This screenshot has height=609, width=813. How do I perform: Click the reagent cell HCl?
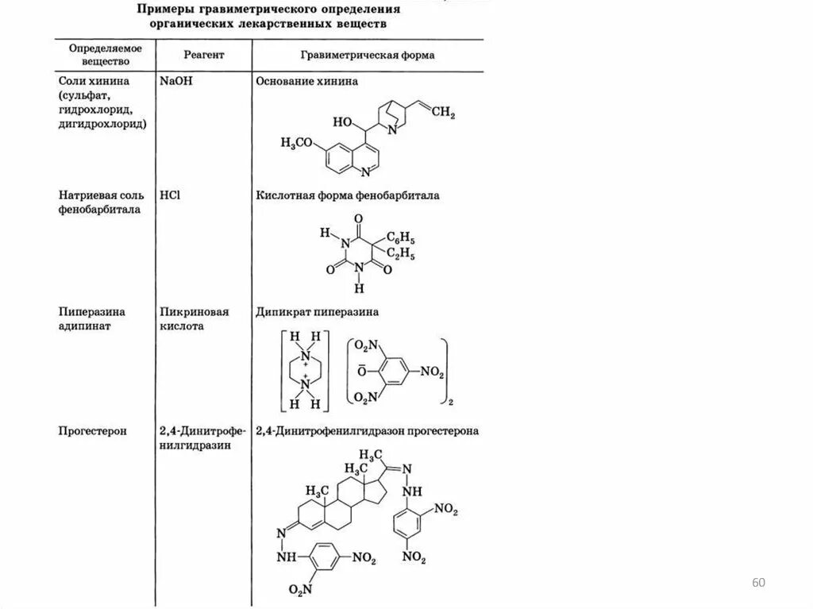pyautogui.click(x=170, y=195)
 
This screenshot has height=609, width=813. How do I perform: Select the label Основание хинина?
pyautogui.click(x=306, y=81)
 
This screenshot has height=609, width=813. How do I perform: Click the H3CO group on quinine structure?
pyautogui.click(x=297, y=142)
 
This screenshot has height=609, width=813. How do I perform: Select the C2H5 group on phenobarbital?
pyautogui.click(x=401, y=254)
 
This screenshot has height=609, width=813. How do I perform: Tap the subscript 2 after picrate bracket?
pyautogui.click(x=450, y=404)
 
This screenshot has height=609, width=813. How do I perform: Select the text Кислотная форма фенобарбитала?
pyautogui.click(x=347, y=195)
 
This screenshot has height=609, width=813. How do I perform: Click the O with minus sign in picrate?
pyautogui.click(x=362, y=370)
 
